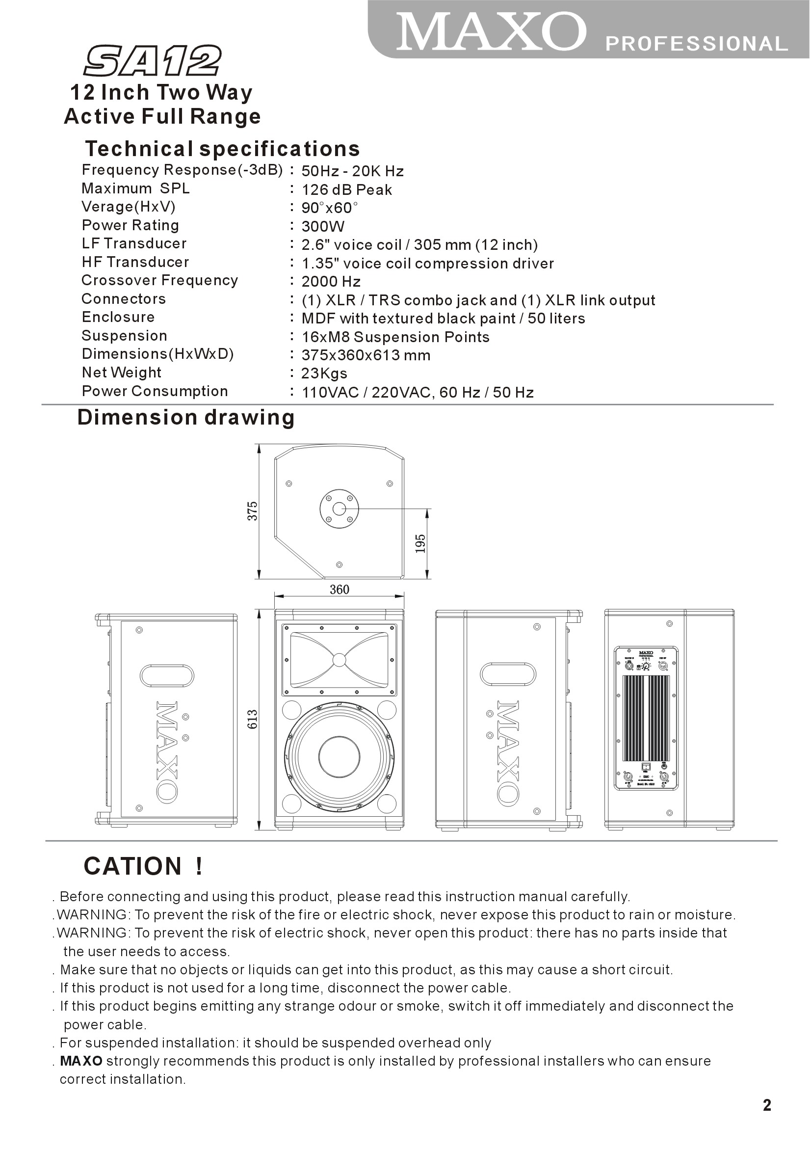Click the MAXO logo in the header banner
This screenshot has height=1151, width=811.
click(491, 32)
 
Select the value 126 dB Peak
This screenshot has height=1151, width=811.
click(346, 190)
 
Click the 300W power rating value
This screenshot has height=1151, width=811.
click(323, 227)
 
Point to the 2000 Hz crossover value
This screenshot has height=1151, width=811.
click(331, 282)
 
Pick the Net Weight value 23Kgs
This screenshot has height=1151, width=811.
click(324, 374)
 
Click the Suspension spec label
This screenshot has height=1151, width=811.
click(124, 336)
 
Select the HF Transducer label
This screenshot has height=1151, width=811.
click(135, 262)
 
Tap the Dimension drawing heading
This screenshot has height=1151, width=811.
click(185, 418)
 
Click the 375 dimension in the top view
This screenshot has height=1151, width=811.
click(252, 511)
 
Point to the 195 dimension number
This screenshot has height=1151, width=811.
click(420, 543)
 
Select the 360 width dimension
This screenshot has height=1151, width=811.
click(340, 589)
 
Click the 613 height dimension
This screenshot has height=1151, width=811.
click(252, 720)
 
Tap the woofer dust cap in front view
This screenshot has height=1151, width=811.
click(339, 757)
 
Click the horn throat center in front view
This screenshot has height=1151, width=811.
click(339, 660)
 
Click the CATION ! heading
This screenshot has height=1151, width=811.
click(143, 867)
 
